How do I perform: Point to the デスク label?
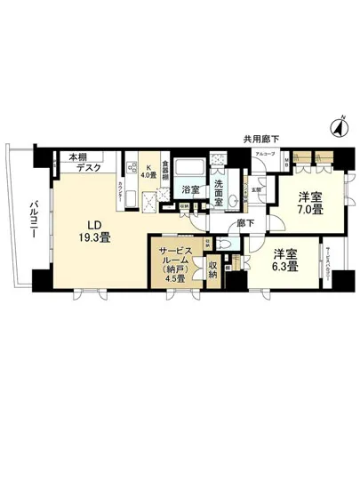coord(88,167)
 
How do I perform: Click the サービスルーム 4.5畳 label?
coord(175,262)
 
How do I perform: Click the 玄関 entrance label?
coord(257,188)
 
